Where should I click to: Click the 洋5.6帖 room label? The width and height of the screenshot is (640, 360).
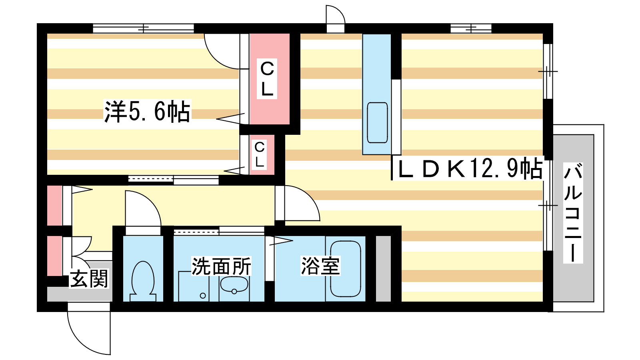pyautogui.click(x=147, y=112)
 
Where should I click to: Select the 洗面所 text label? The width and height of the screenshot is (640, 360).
pyautogui.click(x=221, y=266)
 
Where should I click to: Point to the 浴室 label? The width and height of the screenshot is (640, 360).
pyautogui.click(x=320, y=266)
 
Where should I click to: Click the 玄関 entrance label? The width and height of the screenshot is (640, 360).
pyautogui.click(x=89, y=278)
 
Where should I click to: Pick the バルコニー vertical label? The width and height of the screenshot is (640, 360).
pyautogui.click(x=573, y=213)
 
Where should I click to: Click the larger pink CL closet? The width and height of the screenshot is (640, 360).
pyautogui.click(x=270, y=79)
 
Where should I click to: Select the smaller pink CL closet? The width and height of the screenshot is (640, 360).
pyautogui.click(x=262, y=154)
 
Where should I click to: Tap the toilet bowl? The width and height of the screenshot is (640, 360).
pyautogui.click(x=143, y=282)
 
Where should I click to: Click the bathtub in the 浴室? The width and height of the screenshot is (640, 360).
pyautogui.click(x=346, y=269)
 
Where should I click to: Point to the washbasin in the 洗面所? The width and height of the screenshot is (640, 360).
pyautogui.click(x=234, y=284)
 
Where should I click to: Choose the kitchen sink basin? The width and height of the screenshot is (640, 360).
pyautogui.click(x=377, y=122)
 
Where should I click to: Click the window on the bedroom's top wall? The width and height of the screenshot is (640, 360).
pyautogui.click(x=144, y=28)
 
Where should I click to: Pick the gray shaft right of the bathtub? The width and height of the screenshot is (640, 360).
pyautogui.click(x=383, y=268)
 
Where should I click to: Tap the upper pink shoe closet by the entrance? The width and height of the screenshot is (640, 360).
pyautogui.click(x=54, y=206)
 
